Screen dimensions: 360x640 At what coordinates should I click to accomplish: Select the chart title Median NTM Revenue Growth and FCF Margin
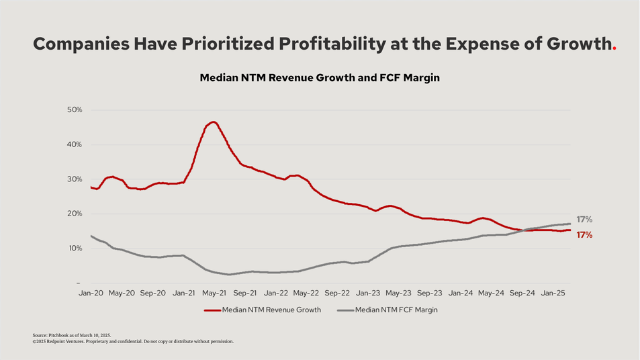320,78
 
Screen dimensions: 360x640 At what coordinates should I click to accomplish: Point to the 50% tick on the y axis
75,109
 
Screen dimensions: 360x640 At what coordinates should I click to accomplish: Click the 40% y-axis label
75,144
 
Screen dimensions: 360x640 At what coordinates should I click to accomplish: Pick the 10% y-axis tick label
75,249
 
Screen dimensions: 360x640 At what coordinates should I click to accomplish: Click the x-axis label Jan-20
91,293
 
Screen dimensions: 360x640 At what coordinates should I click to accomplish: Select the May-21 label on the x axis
214,293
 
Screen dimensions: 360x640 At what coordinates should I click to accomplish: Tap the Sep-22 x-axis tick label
336,293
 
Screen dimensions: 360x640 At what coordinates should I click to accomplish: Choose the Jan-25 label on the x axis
552,293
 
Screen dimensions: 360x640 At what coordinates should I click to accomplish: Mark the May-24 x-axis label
490,293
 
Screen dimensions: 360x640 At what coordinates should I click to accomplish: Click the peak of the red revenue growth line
213,122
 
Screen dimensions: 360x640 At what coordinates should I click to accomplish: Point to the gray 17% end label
584,220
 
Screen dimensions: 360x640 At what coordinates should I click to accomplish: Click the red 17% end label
584,235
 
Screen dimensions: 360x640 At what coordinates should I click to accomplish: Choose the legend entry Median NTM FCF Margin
396,310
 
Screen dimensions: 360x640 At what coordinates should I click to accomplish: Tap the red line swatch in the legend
212,310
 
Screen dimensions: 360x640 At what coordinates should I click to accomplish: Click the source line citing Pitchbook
71,334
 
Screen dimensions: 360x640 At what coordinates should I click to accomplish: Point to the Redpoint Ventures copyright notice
133,341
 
